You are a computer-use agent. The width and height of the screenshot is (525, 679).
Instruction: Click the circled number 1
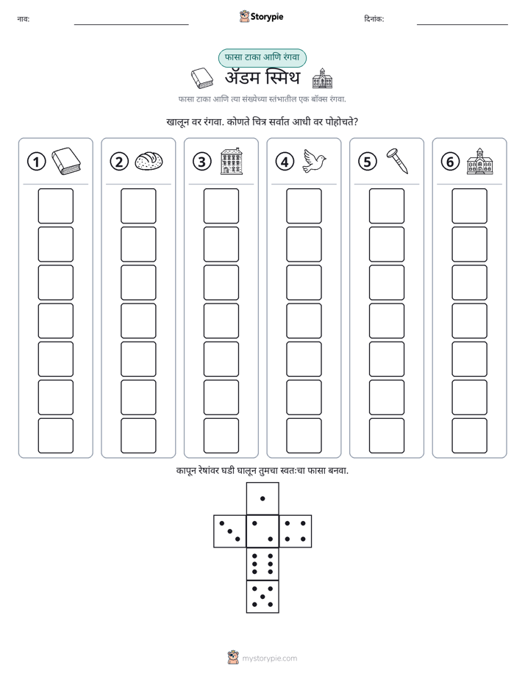point(36,162)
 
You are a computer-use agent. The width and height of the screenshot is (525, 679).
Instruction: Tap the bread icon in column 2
point(149,161)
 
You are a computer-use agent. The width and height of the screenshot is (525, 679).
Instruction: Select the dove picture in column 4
point(315,161)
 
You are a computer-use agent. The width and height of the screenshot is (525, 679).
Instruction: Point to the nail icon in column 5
point(398,161)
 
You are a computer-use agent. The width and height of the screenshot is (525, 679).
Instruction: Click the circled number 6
point(450,162)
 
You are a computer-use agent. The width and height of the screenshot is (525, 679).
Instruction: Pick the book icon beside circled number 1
point(66,161)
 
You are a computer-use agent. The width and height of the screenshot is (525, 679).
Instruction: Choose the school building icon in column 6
point(480,161)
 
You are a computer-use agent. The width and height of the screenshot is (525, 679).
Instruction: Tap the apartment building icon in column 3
point(232,161)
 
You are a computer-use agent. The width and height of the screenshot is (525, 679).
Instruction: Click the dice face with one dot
point(262,498)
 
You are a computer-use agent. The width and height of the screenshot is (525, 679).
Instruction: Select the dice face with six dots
point(262,564)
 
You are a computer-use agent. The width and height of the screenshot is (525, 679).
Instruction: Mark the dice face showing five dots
point(262,597)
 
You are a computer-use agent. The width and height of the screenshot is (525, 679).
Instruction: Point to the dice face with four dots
point(296,531)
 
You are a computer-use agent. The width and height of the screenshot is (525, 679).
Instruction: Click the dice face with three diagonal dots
point(229,531)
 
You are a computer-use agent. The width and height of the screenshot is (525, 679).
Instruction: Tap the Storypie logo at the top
point(262,16)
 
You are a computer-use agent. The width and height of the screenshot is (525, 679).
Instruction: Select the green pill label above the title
point(262,57)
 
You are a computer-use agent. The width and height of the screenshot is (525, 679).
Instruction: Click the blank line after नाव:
point(131,24)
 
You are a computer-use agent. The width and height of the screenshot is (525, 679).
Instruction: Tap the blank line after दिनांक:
point(463,24)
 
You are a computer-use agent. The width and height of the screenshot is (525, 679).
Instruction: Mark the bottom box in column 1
point(55,435)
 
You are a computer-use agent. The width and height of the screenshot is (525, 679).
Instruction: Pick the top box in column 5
point(386,206)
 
